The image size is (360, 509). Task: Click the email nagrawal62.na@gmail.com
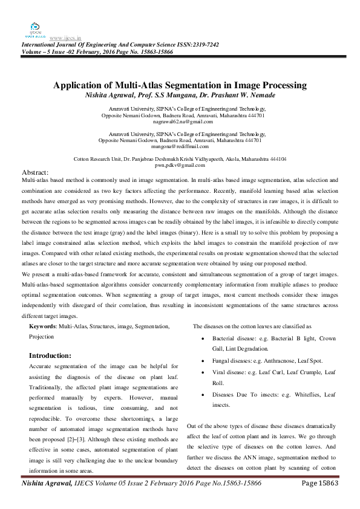click(182, 122)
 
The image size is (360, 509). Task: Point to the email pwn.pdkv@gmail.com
click(181, 164)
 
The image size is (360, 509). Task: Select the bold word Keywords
click(42, 326)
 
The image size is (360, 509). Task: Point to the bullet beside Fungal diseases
click(206, 360)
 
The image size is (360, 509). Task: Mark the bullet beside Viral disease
click(206, 372)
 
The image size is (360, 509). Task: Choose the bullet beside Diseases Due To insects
click(206, 394)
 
